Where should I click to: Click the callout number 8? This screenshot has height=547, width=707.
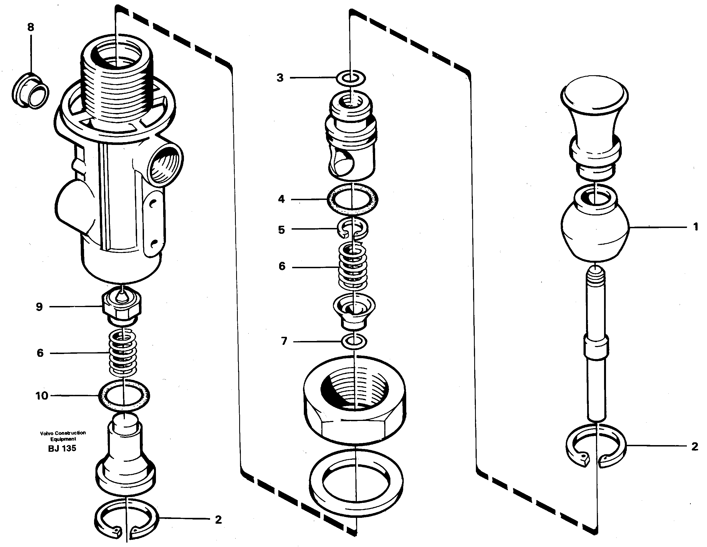pos(31,27)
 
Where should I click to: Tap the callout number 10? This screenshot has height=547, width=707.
pos(42,395)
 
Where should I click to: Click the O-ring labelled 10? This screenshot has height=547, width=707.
pos(124,396)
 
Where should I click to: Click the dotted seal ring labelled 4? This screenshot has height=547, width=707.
pos(352,199)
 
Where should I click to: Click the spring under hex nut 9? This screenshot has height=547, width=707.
pos(122,353)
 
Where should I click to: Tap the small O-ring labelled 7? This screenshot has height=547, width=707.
pos(354,341)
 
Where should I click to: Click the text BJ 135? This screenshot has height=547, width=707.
pos(62,448)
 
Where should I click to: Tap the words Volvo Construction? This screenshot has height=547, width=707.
pos(63,433)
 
